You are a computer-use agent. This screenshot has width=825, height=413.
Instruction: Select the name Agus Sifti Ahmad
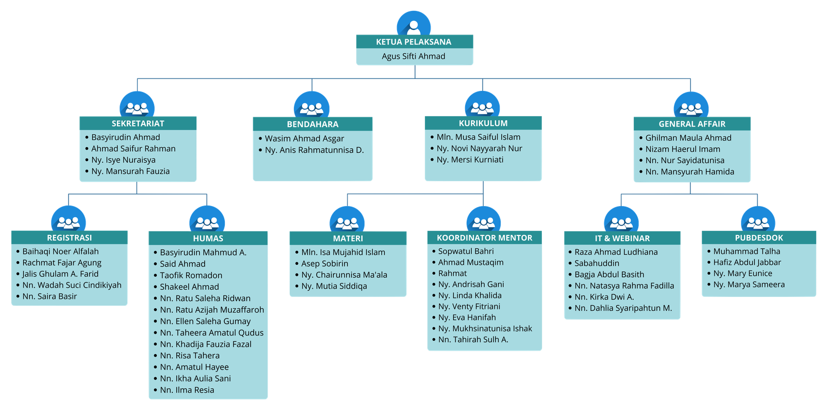414,56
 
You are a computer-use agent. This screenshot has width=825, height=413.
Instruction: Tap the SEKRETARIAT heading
138,123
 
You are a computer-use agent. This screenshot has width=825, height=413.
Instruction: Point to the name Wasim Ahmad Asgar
304,138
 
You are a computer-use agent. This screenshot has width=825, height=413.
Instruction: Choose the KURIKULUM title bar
483,123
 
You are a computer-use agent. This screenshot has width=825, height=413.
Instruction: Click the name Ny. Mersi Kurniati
470,160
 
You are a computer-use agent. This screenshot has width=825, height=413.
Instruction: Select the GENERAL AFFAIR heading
692,124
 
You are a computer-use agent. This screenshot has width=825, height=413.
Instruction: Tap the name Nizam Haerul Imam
683,149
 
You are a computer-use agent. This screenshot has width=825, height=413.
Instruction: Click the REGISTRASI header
69,238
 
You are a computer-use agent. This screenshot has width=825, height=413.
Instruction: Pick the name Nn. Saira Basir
49,296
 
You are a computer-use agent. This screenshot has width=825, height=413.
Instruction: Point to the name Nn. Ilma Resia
187,390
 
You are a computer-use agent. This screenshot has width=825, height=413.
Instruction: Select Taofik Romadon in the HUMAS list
191,275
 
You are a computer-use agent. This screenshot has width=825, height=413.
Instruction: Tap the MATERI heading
348,238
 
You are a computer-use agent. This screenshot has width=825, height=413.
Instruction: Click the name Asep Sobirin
324,263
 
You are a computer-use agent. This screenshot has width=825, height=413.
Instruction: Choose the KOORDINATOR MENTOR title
484,238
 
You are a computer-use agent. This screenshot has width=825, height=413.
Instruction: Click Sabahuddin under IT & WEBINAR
597,263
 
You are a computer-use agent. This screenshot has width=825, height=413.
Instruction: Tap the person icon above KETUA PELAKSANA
414,24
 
